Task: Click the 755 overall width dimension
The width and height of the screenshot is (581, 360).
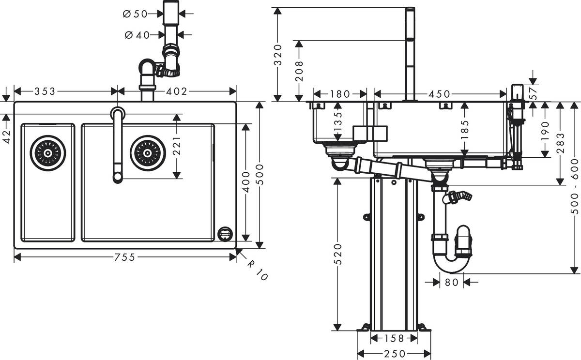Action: [125, 257]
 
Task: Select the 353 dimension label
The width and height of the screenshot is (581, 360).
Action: [44, 91]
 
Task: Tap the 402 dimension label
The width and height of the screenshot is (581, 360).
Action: [177, 91]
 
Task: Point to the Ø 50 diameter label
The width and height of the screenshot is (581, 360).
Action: [135, 14]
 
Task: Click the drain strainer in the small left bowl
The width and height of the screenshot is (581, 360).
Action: [47, 153]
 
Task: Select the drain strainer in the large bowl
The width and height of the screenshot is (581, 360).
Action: [148, 153]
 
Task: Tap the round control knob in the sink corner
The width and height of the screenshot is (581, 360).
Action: [225, 234]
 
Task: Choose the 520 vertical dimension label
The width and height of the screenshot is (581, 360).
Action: [337, 254]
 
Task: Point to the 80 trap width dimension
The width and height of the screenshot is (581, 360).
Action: [451, 281]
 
